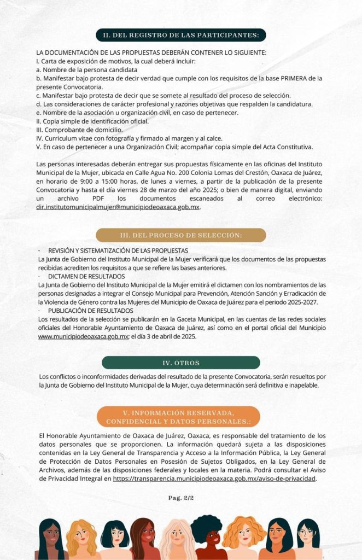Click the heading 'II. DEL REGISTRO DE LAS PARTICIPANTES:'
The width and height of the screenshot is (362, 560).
click(180, 36)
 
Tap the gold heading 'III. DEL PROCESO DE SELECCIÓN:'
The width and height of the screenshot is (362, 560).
click(180, 235)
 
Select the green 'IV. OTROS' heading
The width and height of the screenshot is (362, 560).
click(180, 363)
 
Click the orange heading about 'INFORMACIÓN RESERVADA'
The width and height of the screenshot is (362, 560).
click(180, 417)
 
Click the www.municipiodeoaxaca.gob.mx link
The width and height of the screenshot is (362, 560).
click(83, 336)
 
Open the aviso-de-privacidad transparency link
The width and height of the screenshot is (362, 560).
click(215, 478)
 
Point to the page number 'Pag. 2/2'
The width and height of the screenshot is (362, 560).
click(181, 498)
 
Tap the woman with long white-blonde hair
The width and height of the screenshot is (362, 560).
click(176, 540)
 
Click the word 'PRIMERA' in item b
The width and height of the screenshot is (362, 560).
click(299, 78)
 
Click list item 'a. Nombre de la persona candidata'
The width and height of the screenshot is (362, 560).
click(86, 69)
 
